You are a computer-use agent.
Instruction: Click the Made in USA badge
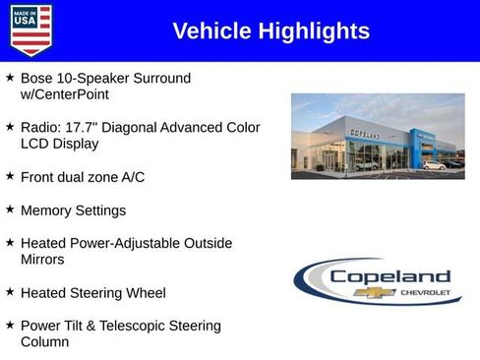30,30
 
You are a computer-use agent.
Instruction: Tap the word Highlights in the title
314,31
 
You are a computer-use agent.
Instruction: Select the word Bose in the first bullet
37,78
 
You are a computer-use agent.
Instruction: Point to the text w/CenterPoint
64,95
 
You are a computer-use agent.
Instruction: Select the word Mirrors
42,260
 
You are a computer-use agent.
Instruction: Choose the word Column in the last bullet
44,342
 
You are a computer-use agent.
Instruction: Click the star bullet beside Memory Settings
10,210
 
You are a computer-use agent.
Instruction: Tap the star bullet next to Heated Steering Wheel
10,292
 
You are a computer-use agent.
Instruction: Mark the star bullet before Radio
10,127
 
